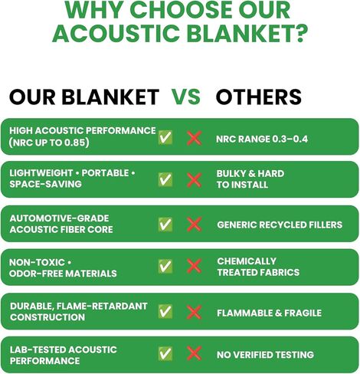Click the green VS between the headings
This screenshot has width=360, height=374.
coord(186,97)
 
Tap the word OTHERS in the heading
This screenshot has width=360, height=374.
coord(259,97)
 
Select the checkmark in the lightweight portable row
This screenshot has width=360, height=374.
coord(165,179)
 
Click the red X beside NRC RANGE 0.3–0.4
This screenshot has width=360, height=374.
coord(195,138)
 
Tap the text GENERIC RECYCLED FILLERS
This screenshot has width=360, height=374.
coord(280,225)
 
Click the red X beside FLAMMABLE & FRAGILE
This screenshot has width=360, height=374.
coord(195,312)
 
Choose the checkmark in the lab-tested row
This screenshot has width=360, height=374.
coord(165,353)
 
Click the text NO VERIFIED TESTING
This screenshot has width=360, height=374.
coord(265,355)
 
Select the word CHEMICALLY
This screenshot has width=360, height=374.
coord(247,261)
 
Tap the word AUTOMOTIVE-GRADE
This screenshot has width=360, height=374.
coord(59,218)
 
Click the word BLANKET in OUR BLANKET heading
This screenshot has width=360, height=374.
coord(110,97)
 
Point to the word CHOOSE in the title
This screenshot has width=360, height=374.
coord(182,10)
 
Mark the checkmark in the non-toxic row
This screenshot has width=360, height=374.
coord(165,266)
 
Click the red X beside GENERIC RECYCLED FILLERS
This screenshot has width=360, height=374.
coord(195,225)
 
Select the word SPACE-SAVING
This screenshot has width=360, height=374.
coord(45,184)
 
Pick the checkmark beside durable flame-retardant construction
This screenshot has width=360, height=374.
coord(165,311)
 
